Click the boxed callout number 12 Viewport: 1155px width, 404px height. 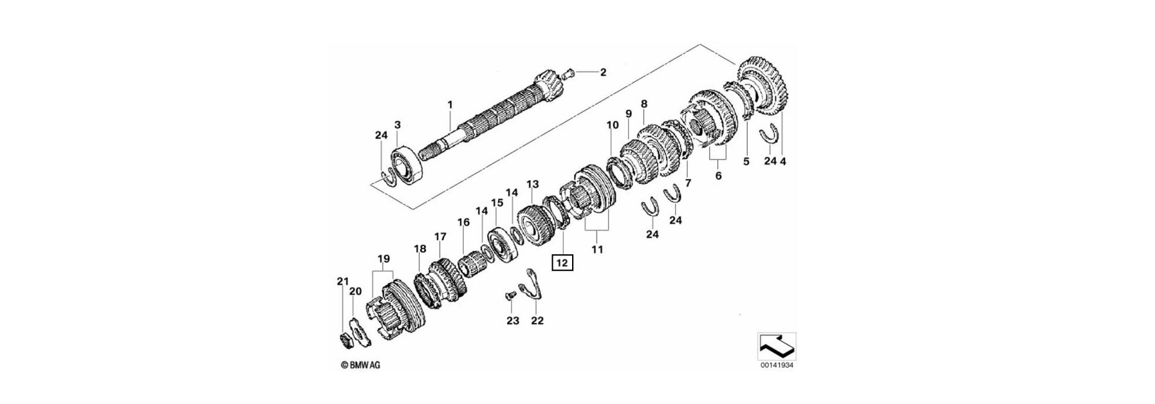point(561,263)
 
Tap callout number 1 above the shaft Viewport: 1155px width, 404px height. point(449,105)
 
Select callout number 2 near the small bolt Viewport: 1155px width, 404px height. point(603,73)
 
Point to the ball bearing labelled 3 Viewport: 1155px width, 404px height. point(408,164)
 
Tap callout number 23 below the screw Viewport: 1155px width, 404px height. point(512,321)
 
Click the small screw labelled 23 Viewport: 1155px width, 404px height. point(510,296)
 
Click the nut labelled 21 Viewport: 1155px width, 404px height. point(346,340)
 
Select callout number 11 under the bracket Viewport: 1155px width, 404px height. point(596,249)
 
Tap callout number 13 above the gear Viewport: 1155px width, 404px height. point(532,184)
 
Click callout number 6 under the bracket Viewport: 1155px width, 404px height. point(718,176)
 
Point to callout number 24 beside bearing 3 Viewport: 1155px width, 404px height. point(381,136)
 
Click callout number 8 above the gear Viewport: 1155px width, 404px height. point(644,104)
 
